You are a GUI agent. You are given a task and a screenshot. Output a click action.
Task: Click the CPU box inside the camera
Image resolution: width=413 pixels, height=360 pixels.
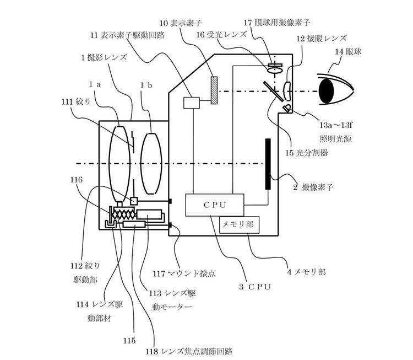tap(215, 205)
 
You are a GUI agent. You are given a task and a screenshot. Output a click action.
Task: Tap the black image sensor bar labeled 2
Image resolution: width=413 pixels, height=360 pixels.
tap(268, 164)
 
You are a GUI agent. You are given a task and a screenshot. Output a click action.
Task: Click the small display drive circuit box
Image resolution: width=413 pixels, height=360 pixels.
tap(192, 101)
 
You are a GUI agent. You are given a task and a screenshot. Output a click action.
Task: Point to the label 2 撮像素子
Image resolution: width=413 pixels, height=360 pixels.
tap(316, 187)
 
